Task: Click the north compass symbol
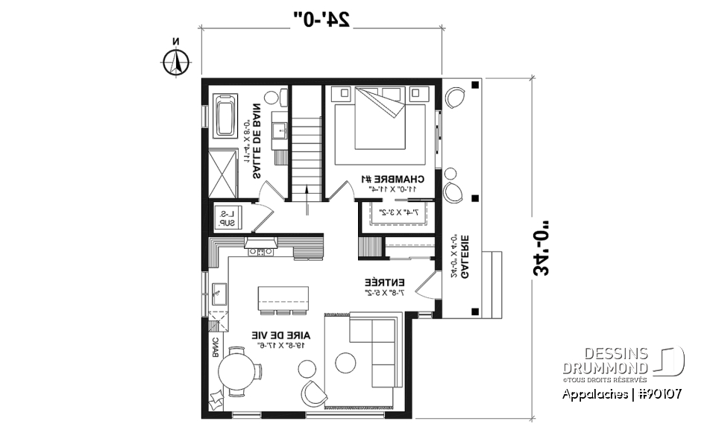177,62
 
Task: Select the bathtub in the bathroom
226,115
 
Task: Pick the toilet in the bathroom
281,96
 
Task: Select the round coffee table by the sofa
345,363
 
